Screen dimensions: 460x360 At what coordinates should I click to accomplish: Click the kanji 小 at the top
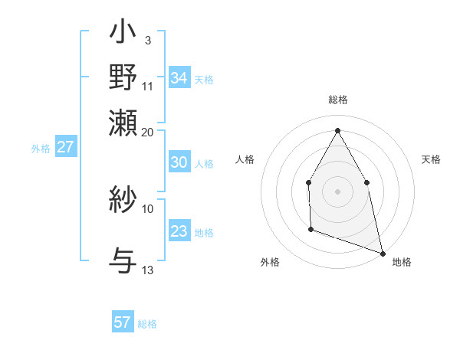coord(123,34)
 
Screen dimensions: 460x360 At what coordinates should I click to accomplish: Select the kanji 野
coord(123,79)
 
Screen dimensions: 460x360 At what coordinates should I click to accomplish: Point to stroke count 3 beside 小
coord(147,40)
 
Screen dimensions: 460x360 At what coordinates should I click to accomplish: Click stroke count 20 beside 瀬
coord(148,131)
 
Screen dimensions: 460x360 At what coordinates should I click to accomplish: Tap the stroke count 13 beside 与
coord(148,270)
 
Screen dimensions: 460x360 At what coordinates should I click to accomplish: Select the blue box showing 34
coord(179,78)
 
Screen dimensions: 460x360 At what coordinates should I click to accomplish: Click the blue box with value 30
coord(179,162)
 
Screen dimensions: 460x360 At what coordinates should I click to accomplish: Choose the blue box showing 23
coord(179,231)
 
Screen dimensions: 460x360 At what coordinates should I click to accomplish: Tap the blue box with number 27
coord(65,147)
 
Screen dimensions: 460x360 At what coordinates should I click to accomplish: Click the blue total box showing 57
coord(123,322)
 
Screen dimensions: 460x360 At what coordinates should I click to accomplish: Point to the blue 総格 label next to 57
coord(147,324)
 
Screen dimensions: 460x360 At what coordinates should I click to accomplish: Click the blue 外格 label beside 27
coord(41,149)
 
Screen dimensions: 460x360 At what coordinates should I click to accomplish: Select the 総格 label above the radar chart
coord(337,100)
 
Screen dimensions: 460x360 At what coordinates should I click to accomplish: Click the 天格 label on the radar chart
coord(431,159)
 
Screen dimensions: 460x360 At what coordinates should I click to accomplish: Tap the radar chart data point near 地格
coord(382,252)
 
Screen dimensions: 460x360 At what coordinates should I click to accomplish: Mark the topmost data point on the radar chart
coord(337,129)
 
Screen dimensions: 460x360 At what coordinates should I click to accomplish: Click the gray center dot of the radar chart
coord(337,191)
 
